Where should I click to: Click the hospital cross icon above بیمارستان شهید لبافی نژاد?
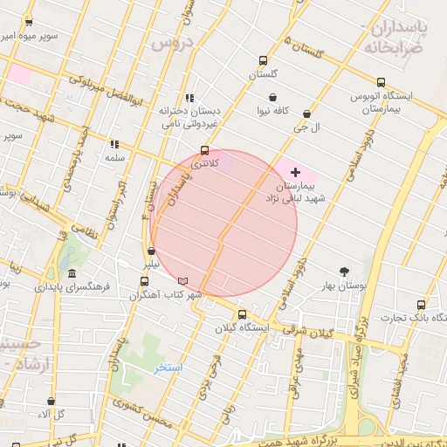[x=295, y=173]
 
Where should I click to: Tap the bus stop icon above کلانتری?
[x=205, y=150]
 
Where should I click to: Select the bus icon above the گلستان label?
[x=263, y=61]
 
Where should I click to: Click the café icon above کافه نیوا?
[x=273, y=97]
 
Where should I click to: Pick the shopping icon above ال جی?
[x=306, y=113]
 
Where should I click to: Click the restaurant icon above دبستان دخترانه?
[x=189, y=99]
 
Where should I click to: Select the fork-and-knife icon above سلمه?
[x=114, y=144]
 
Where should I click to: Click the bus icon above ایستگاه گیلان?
[x=242, y=314]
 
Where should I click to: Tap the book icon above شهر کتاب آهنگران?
[x=182, y=281]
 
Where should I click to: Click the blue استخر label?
[x=168, y=368]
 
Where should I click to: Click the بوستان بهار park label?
[x=348, y=285]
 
